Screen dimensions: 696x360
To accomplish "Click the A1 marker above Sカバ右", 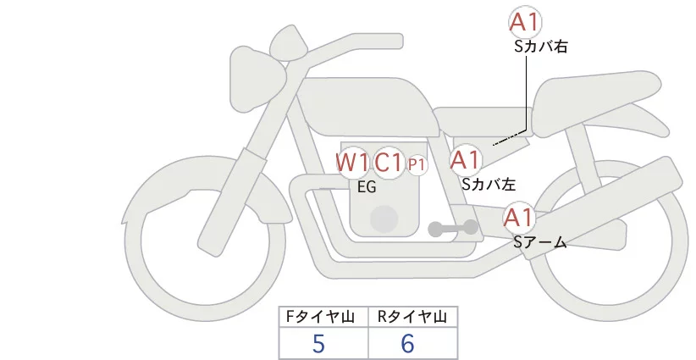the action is coord(525,23).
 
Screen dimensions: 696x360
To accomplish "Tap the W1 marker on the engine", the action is coord(352,162).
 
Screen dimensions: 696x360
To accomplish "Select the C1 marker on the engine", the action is coord(389,162).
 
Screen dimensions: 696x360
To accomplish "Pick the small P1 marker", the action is coord(417,164).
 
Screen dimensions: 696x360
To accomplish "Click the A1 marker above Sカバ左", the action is coord(465,159).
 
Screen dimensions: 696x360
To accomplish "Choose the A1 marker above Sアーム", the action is coord(518,218).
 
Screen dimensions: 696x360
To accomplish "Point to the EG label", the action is coord(367,188).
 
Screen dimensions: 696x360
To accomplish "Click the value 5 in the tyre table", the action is coord(319,343).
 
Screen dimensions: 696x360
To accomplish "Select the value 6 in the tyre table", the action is coord(409,343).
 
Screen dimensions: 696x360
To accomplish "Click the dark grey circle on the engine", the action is coord(385,218).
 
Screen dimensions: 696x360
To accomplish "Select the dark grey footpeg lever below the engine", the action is coord(453,228).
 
